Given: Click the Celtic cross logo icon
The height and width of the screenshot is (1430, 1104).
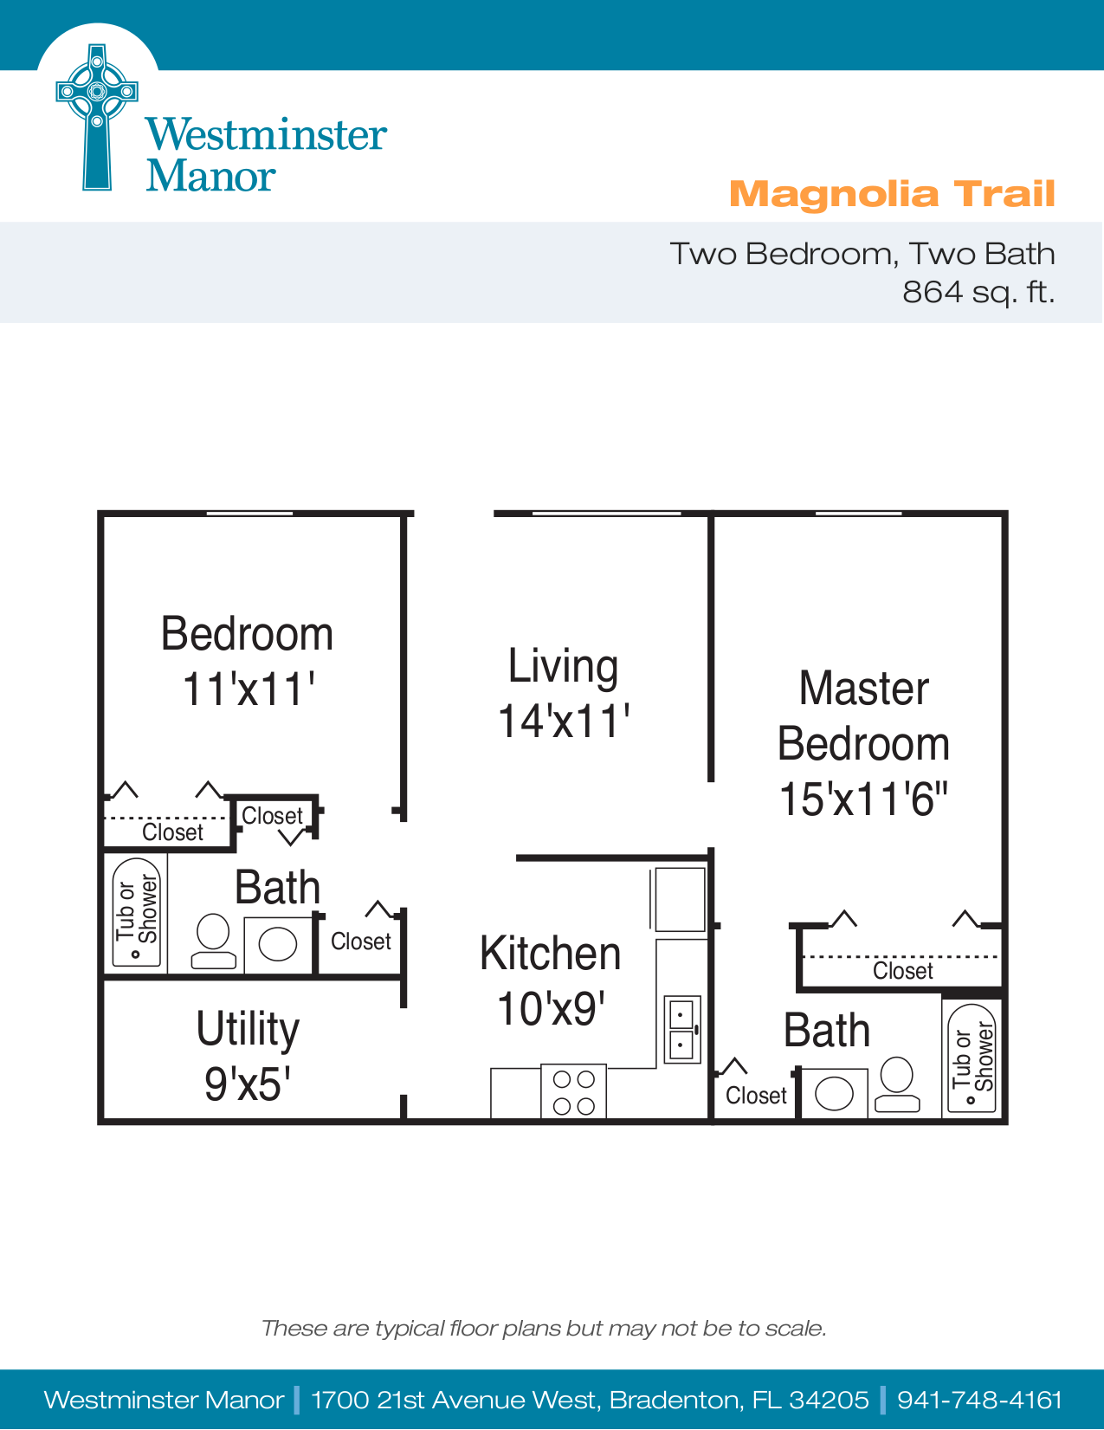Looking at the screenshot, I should (x=97, y=117).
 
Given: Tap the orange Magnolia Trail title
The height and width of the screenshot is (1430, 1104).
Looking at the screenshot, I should (x=892, y=194).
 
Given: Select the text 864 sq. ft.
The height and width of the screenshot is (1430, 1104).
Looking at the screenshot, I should (x=978, y=292).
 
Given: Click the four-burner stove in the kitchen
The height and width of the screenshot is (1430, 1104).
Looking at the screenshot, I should (x=573, y=1092).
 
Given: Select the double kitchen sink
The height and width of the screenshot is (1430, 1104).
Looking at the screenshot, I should (x=681, y=1029).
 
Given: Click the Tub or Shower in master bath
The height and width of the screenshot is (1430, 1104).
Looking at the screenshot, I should (x=972, y=1058).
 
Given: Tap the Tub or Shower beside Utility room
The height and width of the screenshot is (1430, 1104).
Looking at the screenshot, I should (x=137, y=912).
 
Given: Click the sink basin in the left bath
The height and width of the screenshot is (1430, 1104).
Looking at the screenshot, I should (x=278, y=944).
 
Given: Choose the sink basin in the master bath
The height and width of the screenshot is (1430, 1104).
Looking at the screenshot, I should (x=834, y=1093).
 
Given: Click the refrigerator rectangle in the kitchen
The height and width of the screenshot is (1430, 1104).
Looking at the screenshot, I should (x=680, y=899).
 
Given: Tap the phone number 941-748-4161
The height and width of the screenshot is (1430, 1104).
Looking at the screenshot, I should (x=979, y=1400).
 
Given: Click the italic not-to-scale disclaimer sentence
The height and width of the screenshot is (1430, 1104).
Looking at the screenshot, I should (x=544, y=1328).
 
